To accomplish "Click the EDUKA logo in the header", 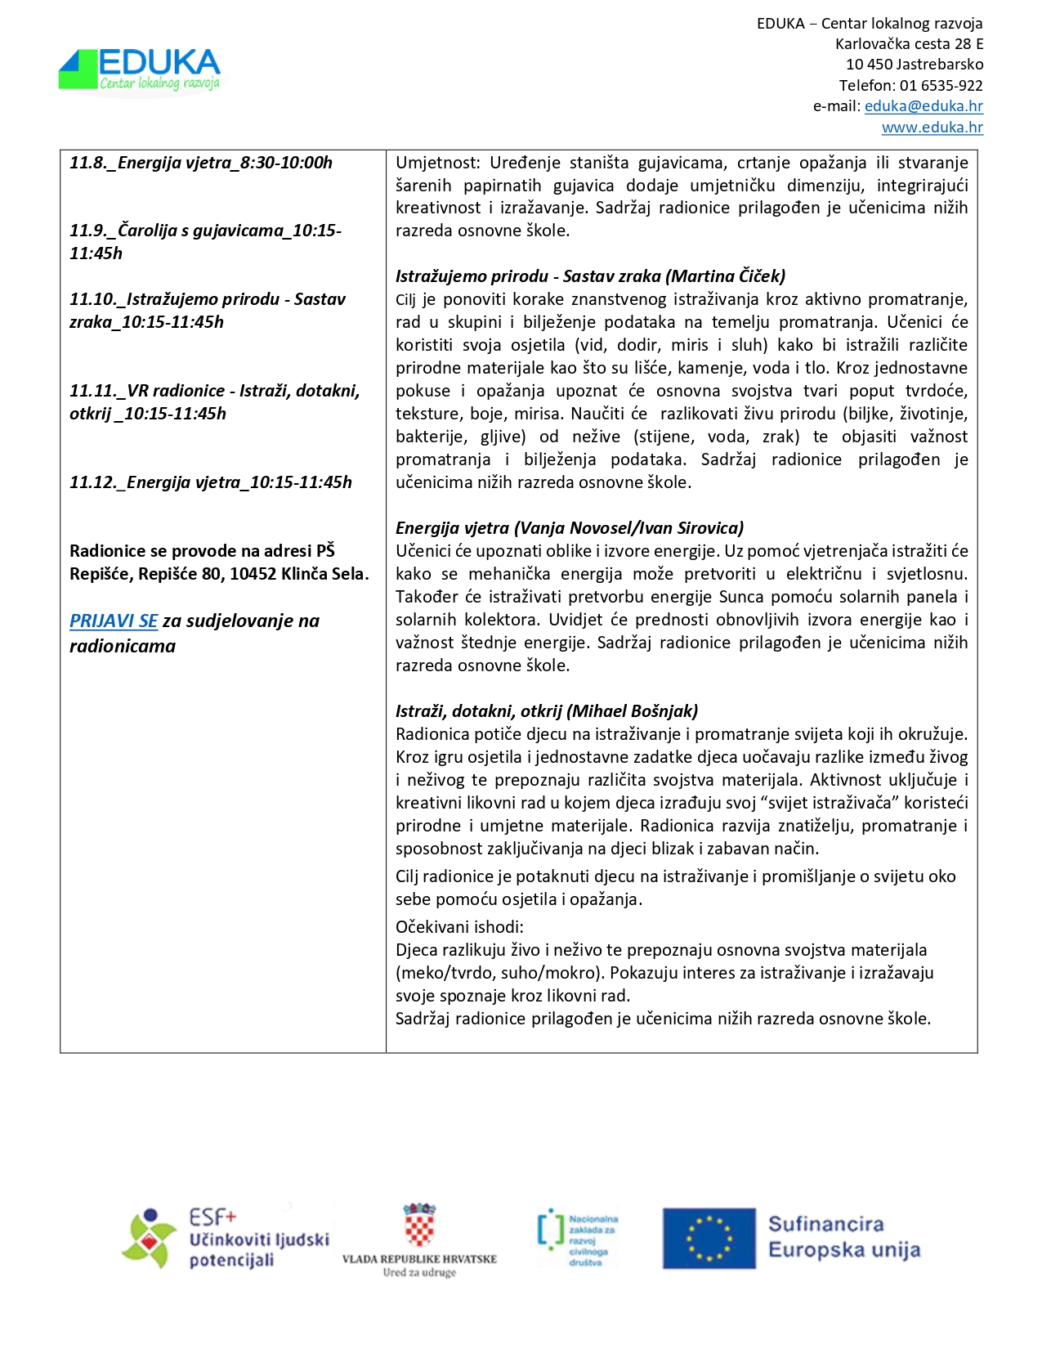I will [x=140, y=70].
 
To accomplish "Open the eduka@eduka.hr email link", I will [x=923, y=106].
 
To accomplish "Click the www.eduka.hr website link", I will [x=932, y=128].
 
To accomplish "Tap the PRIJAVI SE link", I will [x=114, y=621].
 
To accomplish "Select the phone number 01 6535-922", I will [x=941, y=85].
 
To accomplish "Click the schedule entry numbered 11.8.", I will [x=201, y=163].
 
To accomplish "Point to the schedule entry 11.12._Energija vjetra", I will [x=211, y=482].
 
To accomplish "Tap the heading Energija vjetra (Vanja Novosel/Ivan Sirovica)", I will [x=570, y=528].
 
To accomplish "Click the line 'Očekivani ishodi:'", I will [x=459, y=927].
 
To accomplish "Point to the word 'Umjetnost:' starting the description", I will [x=437, y=163].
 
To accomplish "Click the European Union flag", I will [x=709, y=1239].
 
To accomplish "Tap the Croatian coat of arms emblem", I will [x=419, y=1225].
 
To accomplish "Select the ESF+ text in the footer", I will [x=212, y=1217].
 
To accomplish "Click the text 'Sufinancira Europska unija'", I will [x=843, y=1237].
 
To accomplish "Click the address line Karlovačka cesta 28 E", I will [x=909, y=44].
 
